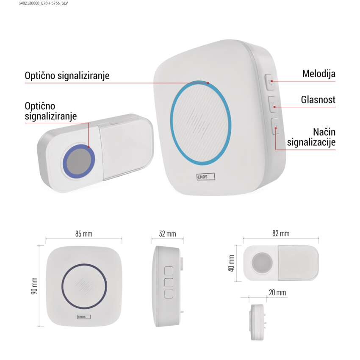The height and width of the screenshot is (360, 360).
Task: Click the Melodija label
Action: pyautogui.click(x=318, y=74)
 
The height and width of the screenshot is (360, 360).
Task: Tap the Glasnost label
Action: pyautogui.click(x=318, y=100)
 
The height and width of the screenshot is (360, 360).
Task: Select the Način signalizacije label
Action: pyautogui.click(x=311, y=137)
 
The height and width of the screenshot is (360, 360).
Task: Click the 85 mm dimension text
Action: pyautogui.click(x=84, y=234)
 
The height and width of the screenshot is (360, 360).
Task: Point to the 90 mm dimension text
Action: pyautogui.click(x=34, y=286)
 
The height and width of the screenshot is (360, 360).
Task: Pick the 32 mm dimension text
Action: pyautogui.click(x=168, y=234)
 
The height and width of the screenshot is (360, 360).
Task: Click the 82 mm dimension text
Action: pyautogui.click(x=281, y=233)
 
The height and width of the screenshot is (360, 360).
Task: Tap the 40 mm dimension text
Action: pyautogui.click(x=231, y=263)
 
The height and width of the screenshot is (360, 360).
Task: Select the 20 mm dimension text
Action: pyautogui.click(x=277, y=293)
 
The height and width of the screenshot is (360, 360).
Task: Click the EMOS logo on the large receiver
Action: pyautogui.click(x=206, y=177)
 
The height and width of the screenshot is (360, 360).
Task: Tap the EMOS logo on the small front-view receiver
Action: pyautogui.click(x=84, y=317)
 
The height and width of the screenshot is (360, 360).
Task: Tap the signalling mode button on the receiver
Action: pyautogui.click(x=275, y=126)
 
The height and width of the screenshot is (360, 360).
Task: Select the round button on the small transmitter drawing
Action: pyautogui.click(x=262, y=263)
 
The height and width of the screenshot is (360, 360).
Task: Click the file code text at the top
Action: pyautogui.click(x=43, y=3)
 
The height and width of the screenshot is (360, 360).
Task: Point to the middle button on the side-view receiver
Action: pyautogui.click(x=169, y=282)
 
